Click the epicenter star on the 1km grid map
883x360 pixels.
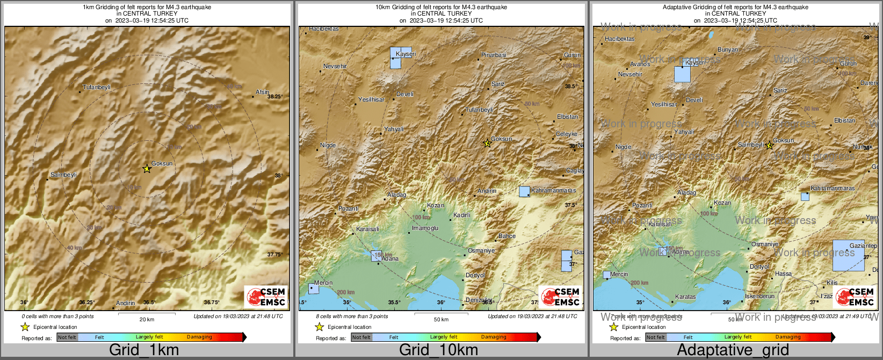point(147,169)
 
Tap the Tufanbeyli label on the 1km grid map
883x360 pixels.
point(97,87)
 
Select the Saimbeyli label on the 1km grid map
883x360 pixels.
point(63,175)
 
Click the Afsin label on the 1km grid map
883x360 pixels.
point(262,92)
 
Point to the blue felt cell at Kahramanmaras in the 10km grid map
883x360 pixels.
point(524,191)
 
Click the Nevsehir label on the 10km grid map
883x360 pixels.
point(335,66)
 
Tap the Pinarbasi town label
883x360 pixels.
point(494,55)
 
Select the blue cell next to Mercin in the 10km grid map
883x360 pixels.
point(314,289)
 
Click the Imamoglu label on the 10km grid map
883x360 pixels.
point(425,228)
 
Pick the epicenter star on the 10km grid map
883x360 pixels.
point(487,143)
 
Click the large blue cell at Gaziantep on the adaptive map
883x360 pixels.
point(848,256)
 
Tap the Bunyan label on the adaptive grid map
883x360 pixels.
point(728,49)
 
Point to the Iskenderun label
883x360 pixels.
point(759,296)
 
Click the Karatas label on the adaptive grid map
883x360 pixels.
point(685,297)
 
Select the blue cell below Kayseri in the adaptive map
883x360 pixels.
point(682,74)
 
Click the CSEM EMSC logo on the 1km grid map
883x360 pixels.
point(266,297)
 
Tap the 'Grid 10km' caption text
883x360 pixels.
point(438,350)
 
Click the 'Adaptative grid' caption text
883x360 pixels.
point(733,350)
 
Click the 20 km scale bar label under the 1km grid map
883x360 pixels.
point(147,319)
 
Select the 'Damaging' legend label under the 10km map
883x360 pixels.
point(494,337)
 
